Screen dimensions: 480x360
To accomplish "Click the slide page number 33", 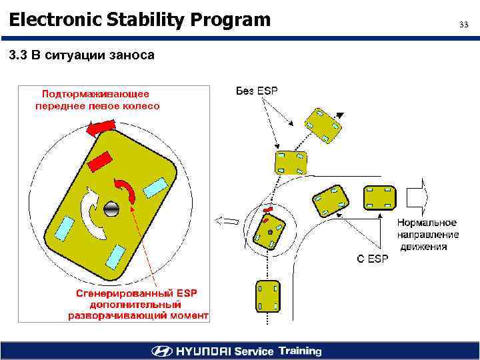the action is coord(464,25).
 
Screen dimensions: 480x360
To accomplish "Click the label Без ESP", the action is coord(257,91).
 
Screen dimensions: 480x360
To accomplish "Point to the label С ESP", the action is coord(372,259).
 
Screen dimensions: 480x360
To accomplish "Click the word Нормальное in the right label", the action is coord(427,223).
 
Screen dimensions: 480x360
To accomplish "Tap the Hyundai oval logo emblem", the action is coord(161,351).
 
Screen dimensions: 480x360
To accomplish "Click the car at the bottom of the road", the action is coord(267,295).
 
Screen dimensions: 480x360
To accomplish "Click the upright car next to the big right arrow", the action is coord(379,198).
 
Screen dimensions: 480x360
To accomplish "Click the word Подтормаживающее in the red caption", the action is coord(96,94).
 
